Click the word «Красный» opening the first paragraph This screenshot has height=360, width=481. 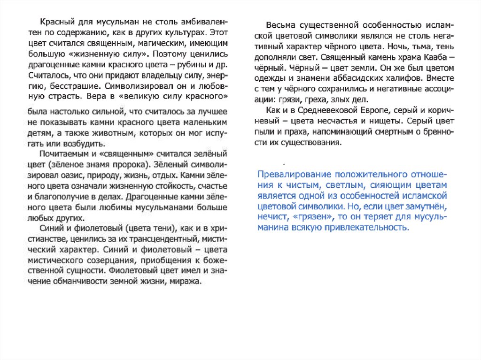click(55, 23)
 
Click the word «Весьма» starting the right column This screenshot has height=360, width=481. click(281, 25)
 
